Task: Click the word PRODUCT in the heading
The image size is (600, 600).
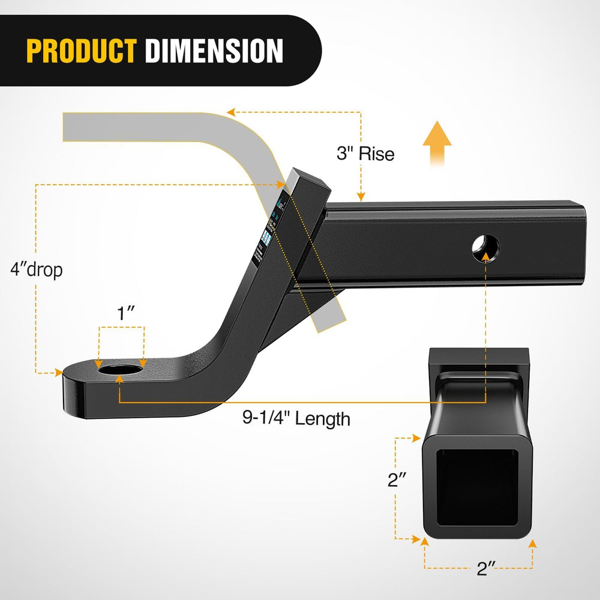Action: pyautogui.click(x=82, y=51)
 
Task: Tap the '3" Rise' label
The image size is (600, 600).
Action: pyautogui.click(x=365, y=154)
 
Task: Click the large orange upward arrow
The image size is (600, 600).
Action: pyautogui.click(x=437, y=141)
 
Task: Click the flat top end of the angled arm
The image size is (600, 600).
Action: pyautogui.click(x=308, y=179)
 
